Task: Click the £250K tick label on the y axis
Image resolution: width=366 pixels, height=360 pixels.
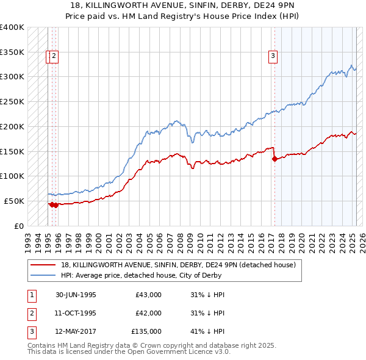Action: pyautogui.click(x=12, y=102)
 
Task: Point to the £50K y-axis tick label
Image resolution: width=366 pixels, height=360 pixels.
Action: pyautogui.click(x=14, y=201)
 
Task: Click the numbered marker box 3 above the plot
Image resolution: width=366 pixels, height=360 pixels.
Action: pyautogui.click(x=273, y=57)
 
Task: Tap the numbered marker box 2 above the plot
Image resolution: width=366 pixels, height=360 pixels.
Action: pyautogui.click(x=54, y=57)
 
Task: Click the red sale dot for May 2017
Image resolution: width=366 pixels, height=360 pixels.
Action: pyautogui.click(x=274, y=159)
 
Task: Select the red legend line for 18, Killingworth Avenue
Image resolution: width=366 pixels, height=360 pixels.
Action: pyautogui.click(x=43, y=265)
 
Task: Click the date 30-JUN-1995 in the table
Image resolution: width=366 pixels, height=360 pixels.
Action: pyautogui.click(x=76, y=295)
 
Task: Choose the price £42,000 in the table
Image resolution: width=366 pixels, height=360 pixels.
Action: pyautogui.click(x=148, y=313)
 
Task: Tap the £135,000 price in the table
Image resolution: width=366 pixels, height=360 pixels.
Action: pyautogui.click(x=146, y=331)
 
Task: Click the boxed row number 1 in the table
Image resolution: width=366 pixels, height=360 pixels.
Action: pyautogui.click(x=30, y=295)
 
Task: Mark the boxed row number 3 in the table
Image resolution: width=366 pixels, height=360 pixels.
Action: pyautogui.click(x=30, y=331)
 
